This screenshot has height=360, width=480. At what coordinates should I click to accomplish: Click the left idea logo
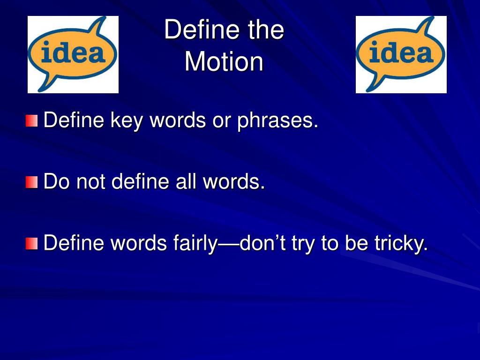pyautogui.click(x=73, y=54)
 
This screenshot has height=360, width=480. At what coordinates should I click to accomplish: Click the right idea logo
pyautogui.click(x=401, y=54)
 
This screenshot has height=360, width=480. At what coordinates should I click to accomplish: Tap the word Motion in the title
pyautogui.click(x=224, y=61)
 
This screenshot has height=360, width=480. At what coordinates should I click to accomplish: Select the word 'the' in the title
pyautogui.click(x=266, y=30)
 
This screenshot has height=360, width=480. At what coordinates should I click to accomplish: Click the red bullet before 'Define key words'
pyautogui.click(x=32, y=120)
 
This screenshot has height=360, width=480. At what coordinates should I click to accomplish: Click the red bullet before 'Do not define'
pyautogui.click(x=32, y=182)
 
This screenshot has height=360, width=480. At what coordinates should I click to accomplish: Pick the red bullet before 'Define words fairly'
pyautogui.click(x=32, y=243)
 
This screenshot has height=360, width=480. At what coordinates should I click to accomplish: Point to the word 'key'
pyautogui.click(x=127, y=120)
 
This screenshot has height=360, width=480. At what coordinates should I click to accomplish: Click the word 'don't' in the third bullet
pyautogui.click(x=262, y=243)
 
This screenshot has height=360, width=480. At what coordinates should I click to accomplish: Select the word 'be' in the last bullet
pyautogui.click(x=356, y=243)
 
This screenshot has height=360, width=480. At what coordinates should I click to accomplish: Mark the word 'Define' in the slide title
pyautogui.click(x=202, y=30)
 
